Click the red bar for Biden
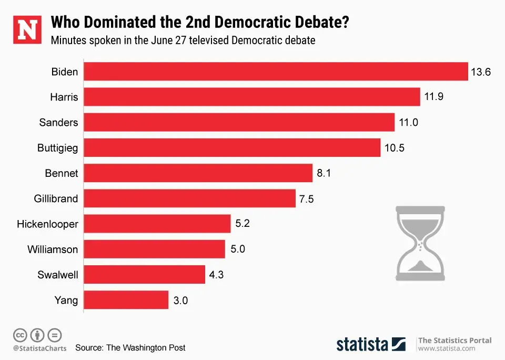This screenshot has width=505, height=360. (276, 72)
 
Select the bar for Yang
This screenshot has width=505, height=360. (126, 300)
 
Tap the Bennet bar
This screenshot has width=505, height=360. (198, 173)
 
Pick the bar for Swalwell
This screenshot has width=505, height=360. (144, 275)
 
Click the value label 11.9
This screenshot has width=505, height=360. (435, 97)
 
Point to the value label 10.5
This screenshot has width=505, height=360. (394, 148)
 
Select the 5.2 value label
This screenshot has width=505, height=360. (242, 224)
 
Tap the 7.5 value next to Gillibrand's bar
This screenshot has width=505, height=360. (307, 198)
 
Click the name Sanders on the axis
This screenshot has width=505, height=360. (58, 123)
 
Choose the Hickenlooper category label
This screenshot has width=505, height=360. (47, 224)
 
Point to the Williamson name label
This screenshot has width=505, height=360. (53, 249)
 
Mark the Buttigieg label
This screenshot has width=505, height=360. (57, 148)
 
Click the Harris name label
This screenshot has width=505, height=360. (64, 97)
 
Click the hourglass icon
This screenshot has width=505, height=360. (420, 243)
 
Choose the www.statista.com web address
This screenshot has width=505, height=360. (447, 348)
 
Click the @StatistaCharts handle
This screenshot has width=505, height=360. (40, 348)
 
